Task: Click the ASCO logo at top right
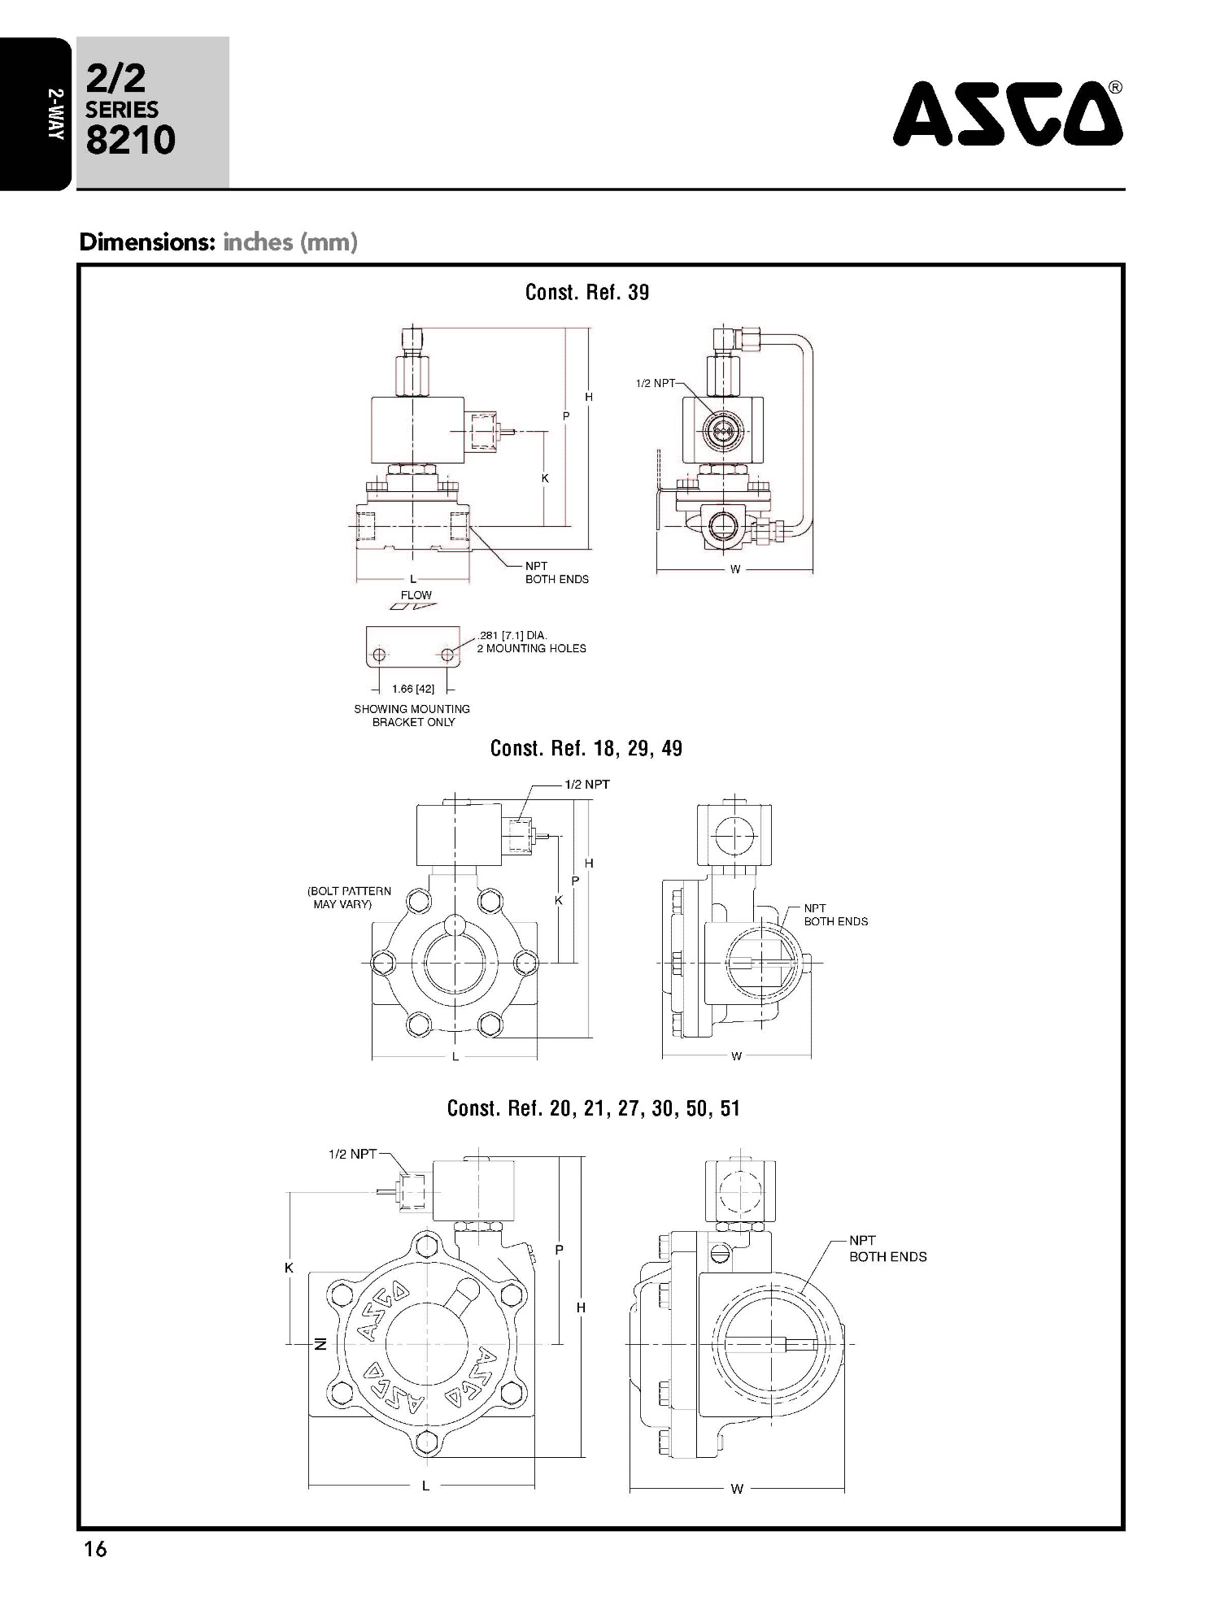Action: tap(1008, 113)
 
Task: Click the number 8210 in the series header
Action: tap(130, 140)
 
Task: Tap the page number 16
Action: tap(95, 1549)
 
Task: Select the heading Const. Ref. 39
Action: tap(587, 293)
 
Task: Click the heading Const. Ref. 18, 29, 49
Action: tap(586, 748)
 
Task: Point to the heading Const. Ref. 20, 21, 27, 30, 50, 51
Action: tap(594, 1108)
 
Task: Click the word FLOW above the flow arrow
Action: tap(416, 595)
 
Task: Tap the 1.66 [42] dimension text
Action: tap(413, 689)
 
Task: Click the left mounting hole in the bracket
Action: tap(379, 654)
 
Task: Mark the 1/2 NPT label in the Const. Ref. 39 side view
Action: tap(656, 383)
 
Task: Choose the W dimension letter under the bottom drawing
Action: tap(737, 1490)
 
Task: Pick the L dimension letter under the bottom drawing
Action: tap(425, 1486)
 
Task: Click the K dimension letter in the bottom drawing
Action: tap(290, 1268)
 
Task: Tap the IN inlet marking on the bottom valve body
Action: tap(320, 1345)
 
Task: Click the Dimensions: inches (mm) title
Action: tap(218, 242)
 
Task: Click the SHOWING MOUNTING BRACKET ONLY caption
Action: tap(412, 716)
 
